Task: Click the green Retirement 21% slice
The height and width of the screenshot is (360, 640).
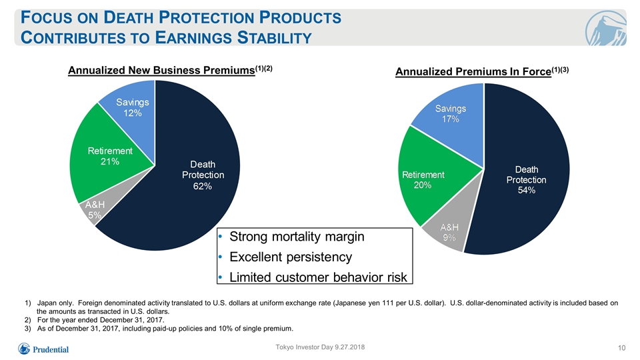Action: coord(108,159)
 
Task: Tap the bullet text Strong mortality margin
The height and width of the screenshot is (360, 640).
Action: coord(297,236)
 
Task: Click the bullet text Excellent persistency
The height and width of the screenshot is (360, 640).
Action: coord(291,257)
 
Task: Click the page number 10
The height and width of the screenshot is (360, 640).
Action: coord(621,348)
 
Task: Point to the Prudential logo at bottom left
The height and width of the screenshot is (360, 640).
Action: coord(43,349)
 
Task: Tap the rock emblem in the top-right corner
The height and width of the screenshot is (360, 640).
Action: coord(606,27)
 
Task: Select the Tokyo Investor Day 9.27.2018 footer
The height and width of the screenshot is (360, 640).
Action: coord(320,347)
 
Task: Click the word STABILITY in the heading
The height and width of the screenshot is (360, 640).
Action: coord(275,37)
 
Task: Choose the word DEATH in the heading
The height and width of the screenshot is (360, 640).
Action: coord(128,17)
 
